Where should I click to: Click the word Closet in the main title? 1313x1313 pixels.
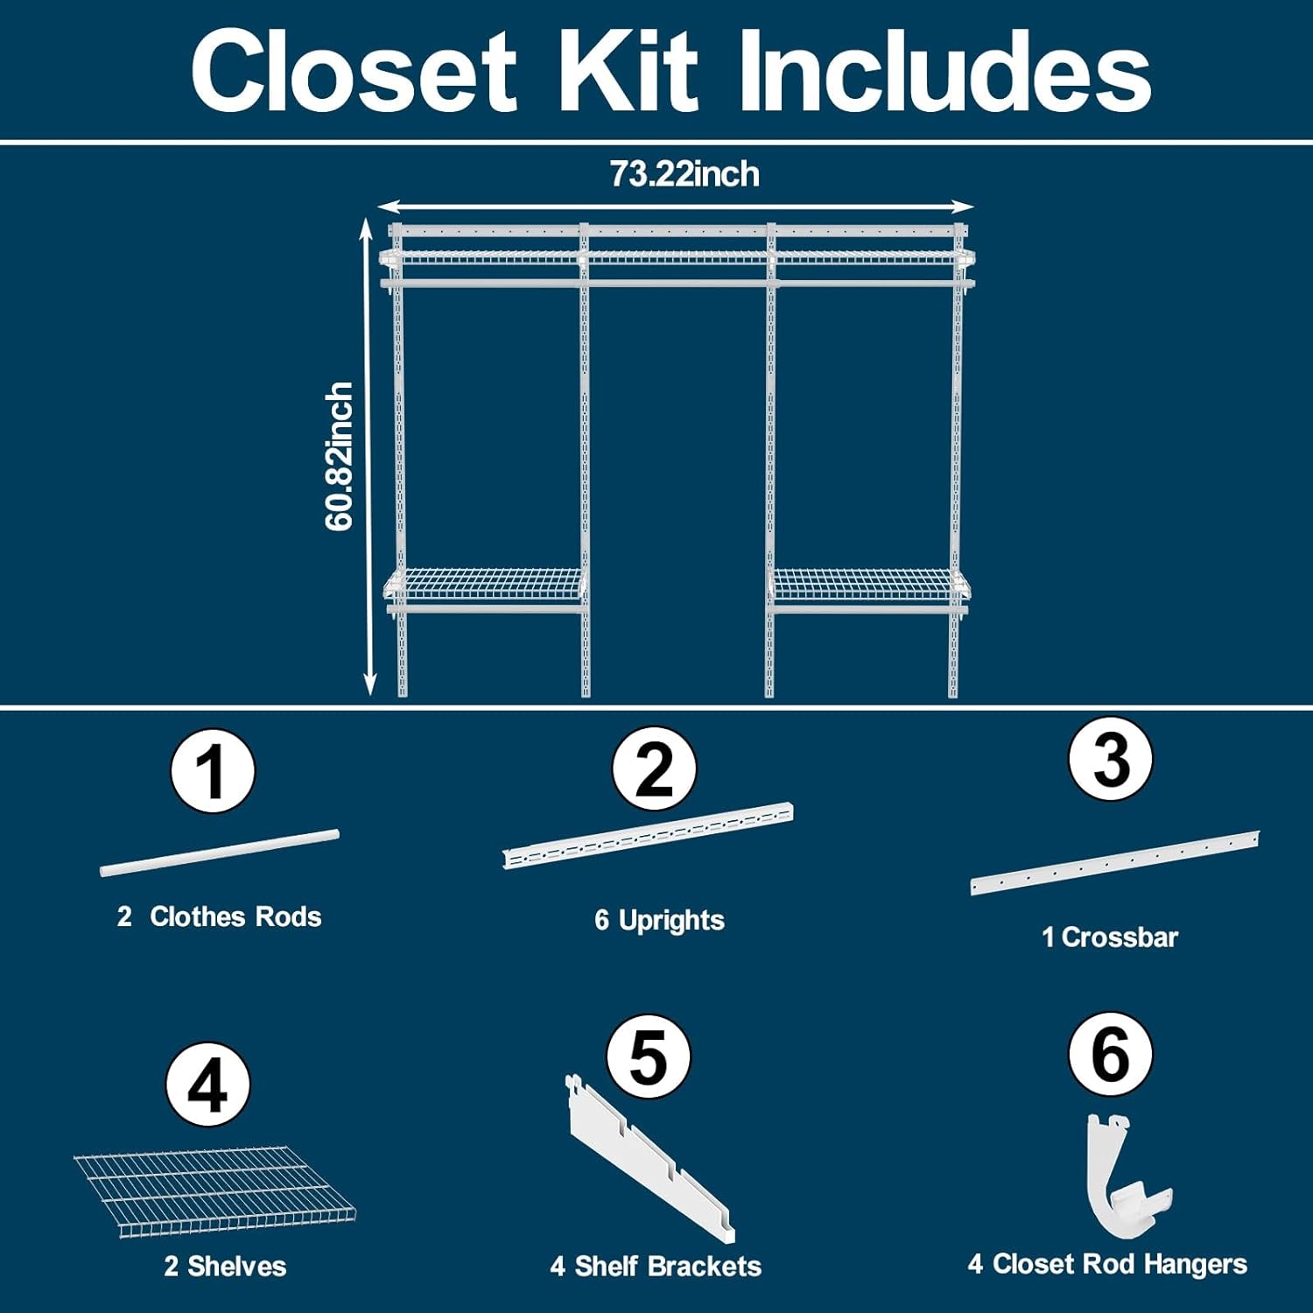click(x=355, y=71)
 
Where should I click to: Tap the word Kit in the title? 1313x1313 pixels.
click(x=628, y=71)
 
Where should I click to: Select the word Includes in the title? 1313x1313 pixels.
click(x=944, y=71)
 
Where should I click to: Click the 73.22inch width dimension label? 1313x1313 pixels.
click(x=685, y=174)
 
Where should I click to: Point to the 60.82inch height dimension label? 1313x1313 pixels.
click(x=339, y=456)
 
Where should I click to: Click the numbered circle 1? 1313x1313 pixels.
click(x=213, y=771)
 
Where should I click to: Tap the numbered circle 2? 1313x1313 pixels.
click(x=654, y=769)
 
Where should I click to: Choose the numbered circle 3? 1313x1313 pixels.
click(x=1110, y=758)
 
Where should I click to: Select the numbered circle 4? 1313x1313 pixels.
click(x=208, y=1084)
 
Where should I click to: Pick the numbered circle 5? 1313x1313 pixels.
click(x=648, y=1057)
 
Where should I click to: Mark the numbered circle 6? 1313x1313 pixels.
click(x=1110, y=1054)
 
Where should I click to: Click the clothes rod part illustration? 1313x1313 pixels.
click(x=219, y=853)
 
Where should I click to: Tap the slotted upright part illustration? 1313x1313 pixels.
click(x=648, y=836)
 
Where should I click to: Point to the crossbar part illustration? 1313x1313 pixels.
click(x=1114, y=862)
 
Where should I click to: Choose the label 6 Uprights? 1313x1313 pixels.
click(x=659, y=920)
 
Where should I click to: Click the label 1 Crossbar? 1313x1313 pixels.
click(x=1110, y=937)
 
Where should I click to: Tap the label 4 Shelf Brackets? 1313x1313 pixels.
click(x=656, y=1266)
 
